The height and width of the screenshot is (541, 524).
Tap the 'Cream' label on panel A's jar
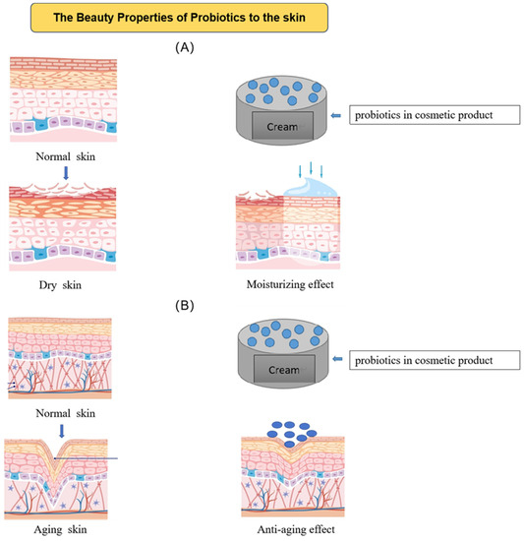283,126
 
